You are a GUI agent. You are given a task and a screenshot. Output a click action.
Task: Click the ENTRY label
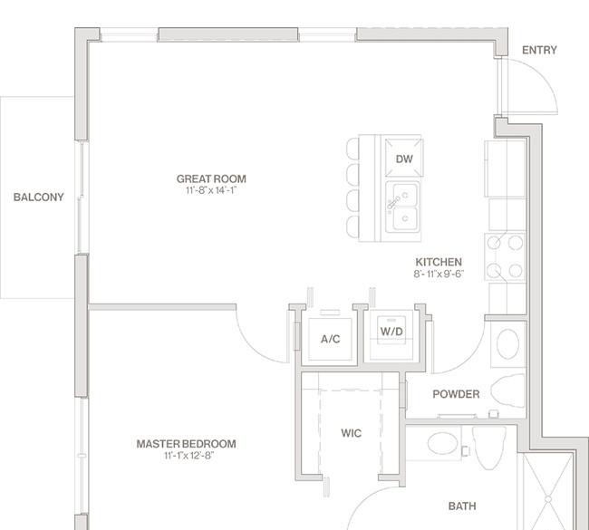[539, 50]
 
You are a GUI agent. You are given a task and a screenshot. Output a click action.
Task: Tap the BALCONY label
[38, 198]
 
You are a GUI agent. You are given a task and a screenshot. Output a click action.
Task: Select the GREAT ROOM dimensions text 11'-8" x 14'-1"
[211, 190]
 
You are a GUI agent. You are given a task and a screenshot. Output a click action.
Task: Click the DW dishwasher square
[404, 158]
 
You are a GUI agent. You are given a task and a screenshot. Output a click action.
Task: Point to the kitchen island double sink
[402, 207]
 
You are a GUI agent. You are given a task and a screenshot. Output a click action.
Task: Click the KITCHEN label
[439, 262]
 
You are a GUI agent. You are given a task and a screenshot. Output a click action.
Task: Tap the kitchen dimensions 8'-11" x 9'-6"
[439, 274]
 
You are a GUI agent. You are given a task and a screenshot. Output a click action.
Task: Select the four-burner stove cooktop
[505, 257]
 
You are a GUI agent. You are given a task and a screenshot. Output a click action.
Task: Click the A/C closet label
[330, 339]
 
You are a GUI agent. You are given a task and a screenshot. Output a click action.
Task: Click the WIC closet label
[352, 433]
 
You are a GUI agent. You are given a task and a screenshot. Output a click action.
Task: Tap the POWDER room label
[456, 394]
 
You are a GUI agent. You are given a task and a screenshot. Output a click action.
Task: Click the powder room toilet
[507, 390]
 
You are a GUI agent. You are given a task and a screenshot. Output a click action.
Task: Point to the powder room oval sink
[507, 344]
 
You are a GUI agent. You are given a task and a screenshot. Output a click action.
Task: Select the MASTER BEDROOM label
[187, 444]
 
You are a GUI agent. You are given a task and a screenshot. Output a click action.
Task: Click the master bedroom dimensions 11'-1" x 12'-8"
[189, 456]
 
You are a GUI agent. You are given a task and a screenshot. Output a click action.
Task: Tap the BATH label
[462, 506]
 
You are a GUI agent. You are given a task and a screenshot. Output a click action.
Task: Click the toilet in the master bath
[489, 448]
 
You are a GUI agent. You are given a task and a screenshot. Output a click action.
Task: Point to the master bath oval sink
[443, 443]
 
